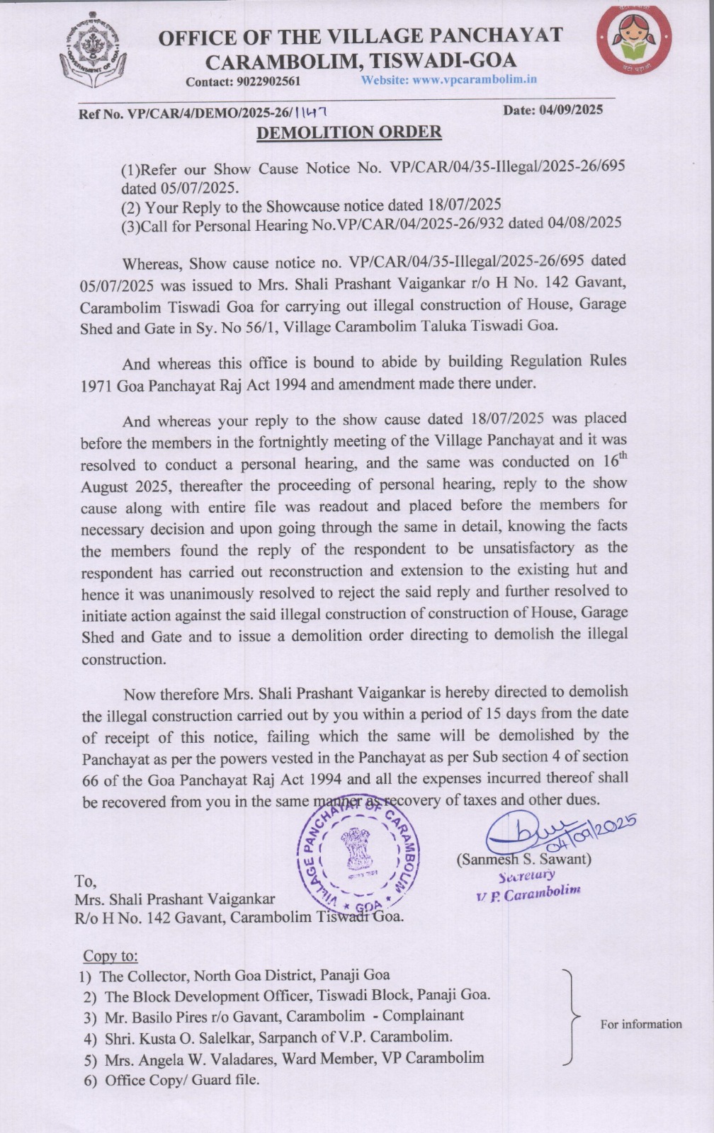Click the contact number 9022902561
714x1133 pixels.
(x=264, y=81)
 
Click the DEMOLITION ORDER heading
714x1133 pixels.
(x=348, y=132)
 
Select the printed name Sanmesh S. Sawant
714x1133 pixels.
(x=524, y=860)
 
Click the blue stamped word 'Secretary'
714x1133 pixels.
(x=527, y=876)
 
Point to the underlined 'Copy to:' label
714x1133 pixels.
(x=110, y=956)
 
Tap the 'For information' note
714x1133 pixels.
(x=641, y=1024)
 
